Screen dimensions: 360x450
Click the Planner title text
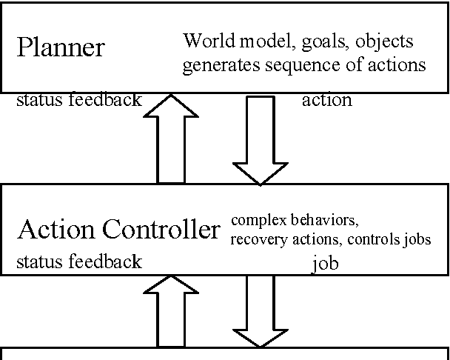[61, 47]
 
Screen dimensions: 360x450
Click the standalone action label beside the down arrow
[326, 100]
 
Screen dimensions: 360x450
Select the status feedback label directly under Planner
[78, 100]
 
